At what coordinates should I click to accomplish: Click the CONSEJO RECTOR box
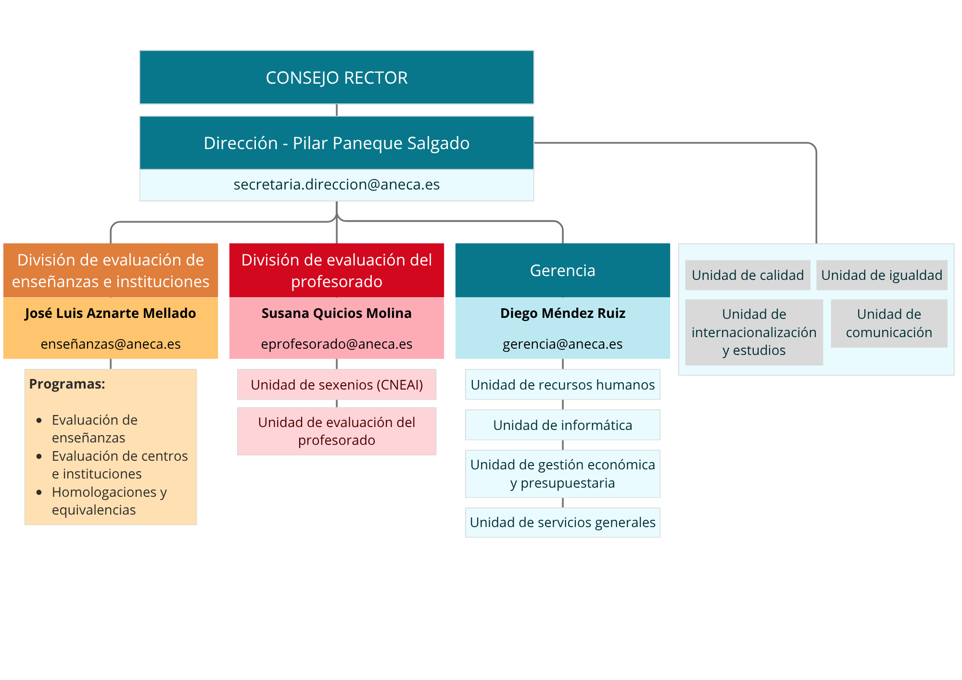point(337,77)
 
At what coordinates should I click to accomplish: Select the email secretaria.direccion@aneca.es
point(337,185)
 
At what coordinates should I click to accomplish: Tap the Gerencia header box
point(562,270)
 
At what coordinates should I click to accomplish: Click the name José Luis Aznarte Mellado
point(110,313)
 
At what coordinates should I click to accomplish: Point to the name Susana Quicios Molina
point(336,313)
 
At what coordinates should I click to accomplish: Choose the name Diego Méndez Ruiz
point(562,313)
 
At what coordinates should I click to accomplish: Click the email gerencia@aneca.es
point(562,344)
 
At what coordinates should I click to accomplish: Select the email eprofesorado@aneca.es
point(336,344)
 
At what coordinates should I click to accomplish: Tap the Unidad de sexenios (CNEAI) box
point(336,385)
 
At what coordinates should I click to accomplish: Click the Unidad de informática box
point(562,425)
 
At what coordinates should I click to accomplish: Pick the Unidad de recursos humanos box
point(562,385)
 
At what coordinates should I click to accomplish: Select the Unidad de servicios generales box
point(562,522)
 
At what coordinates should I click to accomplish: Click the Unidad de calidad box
point(747,275)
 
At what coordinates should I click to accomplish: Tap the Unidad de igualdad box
point(881,275)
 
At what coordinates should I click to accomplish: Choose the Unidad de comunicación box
point(888,323)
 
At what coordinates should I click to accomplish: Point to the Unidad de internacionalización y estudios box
point(754,332)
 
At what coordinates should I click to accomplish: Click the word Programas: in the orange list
point(67,384)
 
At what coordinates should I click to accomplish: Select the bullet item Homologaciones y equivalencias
point(109,501)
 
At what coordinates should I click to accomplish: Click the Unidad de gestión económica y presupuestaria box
point(562,474)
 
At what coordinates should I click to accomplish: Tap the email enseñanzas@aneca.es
point(110,344)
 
